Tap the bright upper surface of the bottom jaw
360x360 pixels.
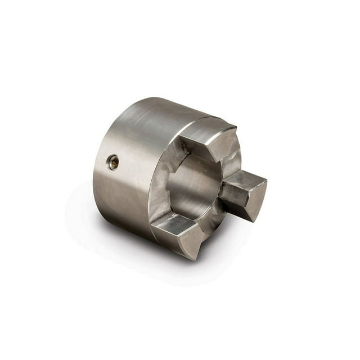172,224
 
